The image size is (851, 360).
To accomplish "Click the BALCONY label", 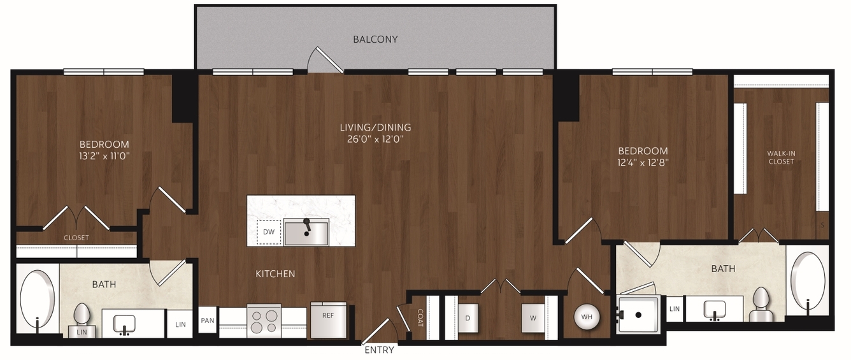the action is pos(375,39).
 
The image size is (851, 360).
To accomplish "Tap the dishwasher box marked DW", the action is pos(269,232).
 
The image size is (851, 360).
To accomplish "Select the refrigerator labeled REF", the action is pos(328,320).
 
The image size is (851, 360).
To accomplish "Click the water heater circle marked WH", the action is pos(587,317).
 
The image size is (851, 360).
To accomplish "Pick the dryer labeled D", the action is pos(468,318).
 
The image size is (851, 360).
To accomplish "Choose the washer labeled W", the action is pos(533,318).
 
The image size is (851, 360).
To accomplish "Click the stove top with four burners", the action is pos(264,320).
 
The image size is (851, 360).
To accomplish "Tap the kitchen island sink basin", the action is pos(306,233).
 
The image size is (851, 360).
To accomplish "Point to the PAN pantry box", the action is pos(208,320).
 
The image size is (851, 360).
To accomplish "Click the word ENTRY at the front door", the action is pos(379,350).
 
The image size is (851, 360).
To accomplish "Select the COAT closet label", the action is pos(420,318).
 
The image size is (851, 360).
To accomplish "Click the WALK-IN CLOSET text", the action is pos(781,157).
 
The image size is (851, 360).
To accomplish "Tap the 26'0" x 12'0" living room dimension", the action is pos(375,139).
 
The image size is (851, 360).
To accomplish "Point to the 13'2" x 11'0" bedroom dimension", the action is pos(104,156).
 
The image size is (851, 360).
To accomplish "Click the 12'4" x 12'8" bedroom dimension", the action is pos(643,162).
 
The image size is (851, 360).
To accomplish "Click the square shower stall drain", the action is pos(638,315).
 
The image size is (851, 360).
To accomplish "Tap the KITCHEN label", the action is pos(275,274).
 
